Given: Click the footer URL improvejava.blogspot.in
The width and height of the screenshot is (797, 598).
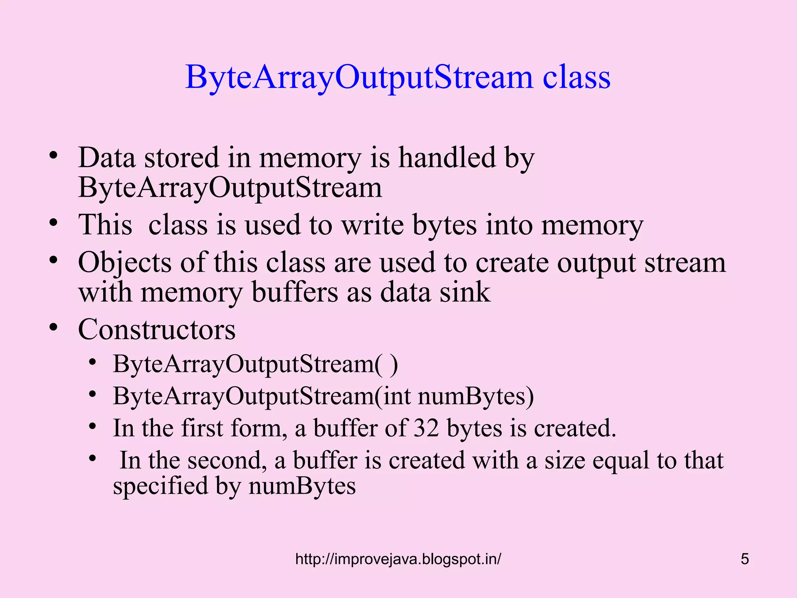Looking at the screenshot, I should coord(398,559).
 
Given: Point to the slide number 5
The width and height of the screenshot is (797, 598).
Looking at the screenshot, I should coord(744,559).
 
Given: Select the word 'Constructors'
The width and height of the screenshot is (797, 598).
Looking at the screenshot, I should coord(156,329).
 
